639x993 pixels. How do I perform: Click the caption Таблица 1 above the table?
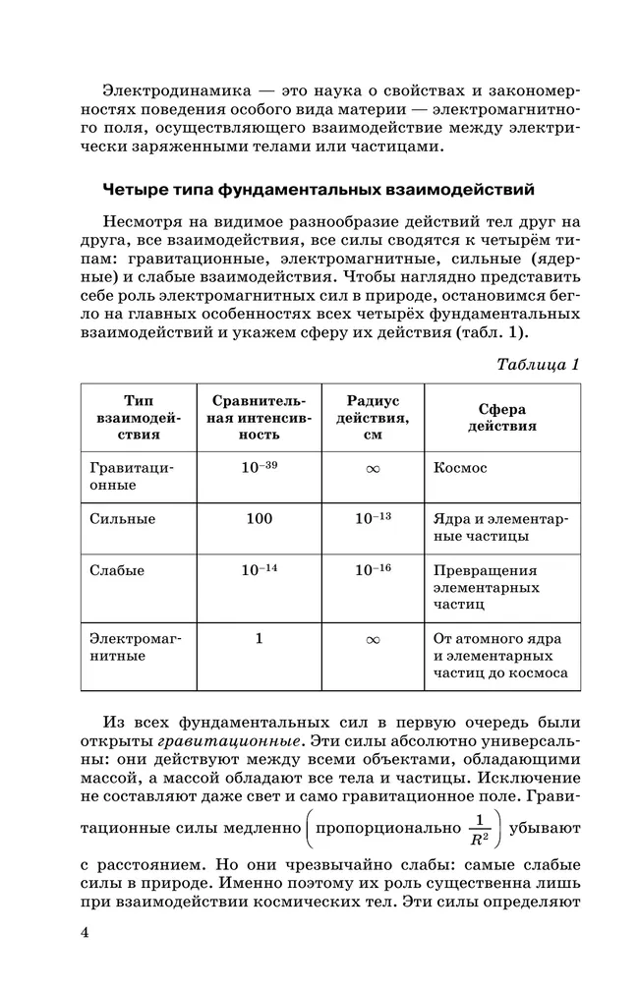click(538, 364)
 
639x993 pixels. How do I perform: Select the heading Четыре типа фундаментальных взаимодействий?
click(319, 188)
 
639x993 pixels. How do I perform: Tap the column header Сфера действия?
click(501, 418)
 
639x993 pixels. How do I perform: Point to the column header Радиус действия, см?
click(373, 418)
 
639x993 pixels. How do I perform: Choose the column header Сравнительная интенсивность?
click(260, 418)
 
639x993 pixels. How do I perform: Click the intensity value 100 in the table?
click(260, 518)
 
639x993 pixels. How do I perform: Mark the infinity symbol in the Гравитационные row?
click(373, 470)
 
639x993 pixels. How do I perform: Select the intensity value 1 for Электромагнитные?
click(260, 638)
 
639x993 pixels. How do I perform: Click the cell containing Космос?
click(460, 469)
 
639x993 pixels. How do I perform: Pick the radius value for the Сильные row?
click(373, 518)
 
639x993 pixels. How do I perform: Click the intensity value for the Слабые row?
click(260, 570)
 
